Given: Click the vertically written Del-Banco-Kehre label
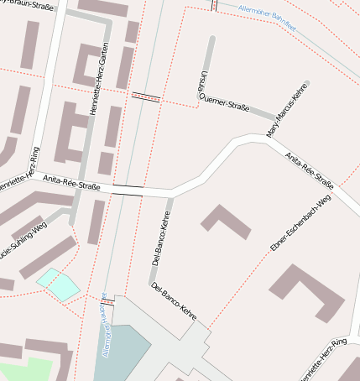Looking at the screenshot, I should pyautogui.click(x=159, y=243).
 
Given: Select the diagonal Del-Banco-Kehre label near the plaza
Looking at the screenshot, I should pyautogui.click(x=173, y=302).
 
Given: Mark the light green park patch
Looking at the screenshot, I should pyautogui.click(x=25, y=370).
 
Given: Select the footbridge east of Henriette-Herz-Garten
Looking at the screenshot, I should pyautogui.click(x=145, y=96).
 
